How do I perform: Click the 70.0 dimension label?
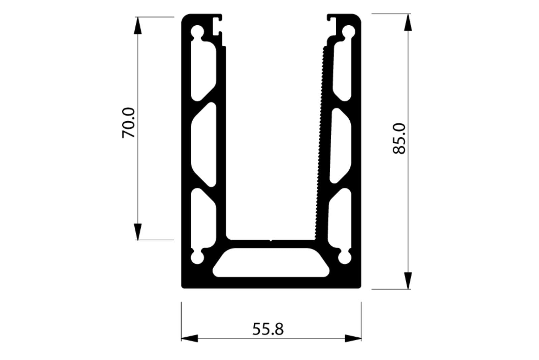[128, 123]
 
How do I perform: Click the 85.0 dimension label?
[400, 139]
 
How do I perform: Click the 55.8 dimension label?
[268, 329]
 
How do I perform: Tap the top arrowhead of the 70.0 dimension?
[138, 26]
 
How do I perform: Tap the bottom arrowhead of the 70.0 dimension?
[138, 231]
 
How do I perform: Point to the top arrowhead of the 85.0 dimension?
[408, 23]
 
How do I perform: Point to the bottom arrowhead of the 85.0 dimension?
[408, 280]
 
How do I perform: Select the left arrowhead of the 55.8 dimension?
[190, 338]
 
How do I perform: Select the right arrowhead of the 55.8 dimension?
[353, 338]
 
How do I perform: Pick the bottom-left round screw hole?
[197, 258]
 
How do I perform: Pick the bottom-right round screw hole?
[345, 258]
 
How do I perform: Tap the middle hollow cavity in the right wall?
[340, 145]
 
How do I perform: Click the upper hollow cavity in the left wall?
[203, 71]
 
